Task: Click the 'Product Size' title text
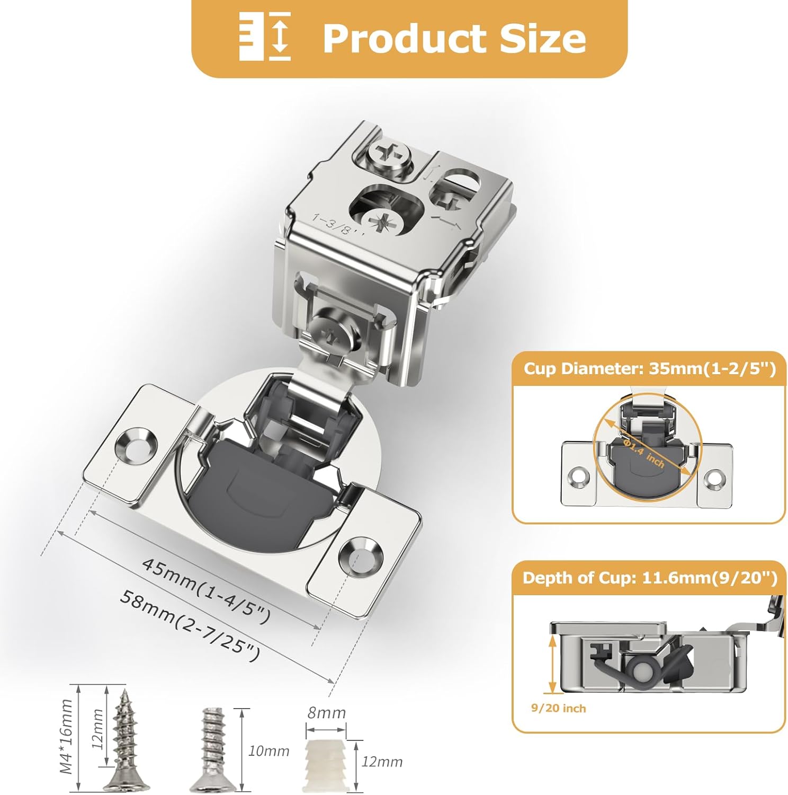[454, 38]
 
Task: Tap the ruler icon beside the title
[265, 36]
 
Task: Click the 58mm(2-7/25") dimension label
[190, 625]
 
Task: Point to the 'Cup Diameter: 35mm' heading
[649, 368]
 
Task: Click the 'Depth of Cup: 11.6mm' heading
[649, 578]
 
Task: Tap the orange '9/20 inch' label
[558, 708]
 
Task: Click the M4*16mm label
[66, 736]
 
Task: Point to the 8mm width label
[326, 713]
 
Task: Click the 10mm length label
[268, 750]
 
